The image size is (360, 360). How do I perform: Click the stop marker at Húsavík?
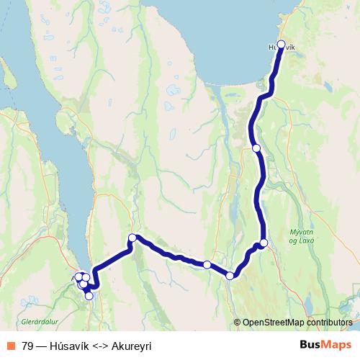[x=281, y=44]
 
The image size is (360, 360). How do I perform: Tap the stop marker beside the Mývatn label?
[x=264, y=243]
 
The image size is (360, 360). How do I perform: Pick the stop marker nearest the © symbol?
[x=230, y=275]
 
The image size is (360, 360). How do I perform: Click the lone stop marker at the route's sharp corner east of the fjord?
[x=132, y=238]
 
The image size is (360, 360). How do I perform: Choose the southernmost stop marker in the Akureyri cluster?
[x=89, y=295]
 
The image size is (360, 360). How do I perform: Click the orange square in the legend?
[x=9, y=346]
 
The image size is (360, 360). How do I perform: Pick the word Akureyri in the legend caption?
[x=132, y=346]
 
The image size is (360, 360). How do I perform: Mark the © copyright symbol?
[x=237, y=323]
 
